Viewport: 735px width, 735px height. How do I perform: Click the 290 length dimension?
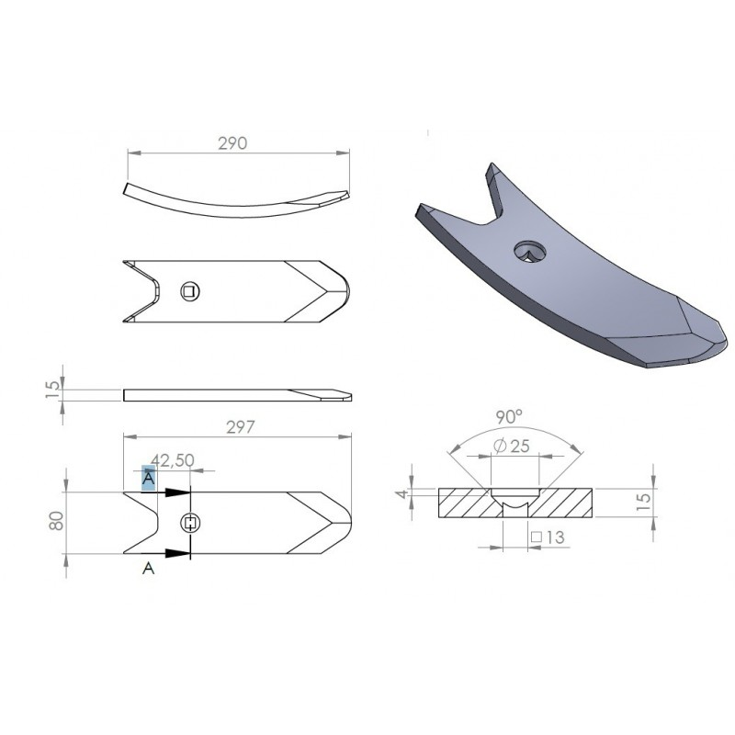pyautogui.click(x=232, y=143)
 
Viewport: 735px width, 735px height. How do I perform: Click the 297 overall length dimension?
pyautogui.click(x=241, y=427)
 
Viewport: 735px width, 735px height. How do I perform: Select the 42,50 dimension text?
pyautogui.click(x=173, y=460)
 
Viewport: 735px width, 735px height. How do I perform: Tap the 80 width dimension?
pyautogui.click(x=56, y=521)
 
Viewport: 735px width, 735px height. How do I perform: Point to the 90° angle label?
pyautogui.click(x=509, y=417)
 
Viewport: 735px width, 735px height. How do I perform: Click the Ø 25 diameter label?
pyautogui.click(x=512, y=446)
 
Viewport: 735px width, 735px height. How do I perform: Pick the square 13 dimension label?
pyautogui.click(x=548, y=537)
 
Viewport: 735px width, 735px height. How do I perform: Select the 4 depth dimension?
pyautogui.click(x=401, y=494)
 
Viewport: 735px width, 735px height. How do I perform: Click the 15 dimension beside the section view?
pyautogui.click(x=645, y=502)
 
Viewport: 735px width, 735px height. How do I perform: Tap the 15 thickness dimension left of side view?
pyautogui.click(x=52, y=389)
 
